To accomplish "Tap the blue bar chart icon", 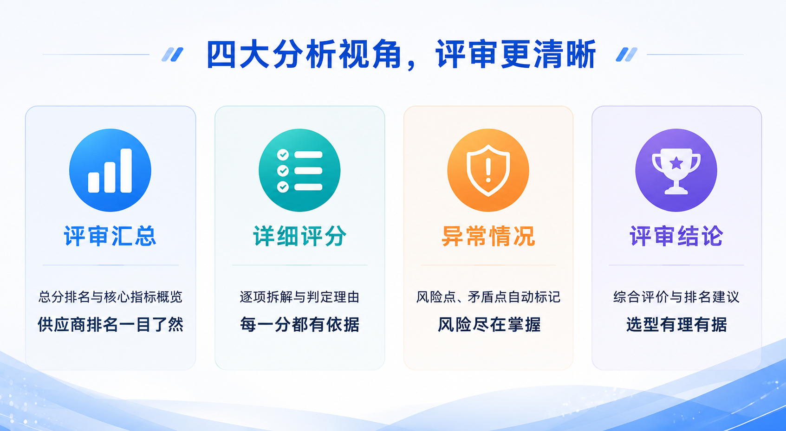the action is [110, 170].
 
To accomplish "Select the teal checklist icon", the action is [299, 170].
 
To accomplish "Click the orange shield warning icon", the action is [488, 170].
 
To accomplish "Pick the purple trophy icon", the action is [676, 170].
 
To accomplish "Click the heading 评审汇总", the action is [110, 236].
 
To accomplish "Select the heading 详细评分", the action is [299, 236].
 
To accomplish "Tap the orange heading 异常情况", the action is [488, 236].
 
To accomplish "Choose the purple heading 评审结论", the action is [676, 236].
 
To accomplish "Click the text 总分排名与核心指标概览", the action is [110, 297].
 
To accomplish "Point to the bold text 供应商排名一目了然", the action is [110, 324].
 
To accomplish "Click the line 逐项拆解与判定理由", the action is [299, 297].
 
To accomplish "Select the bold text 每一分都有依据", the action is [299, 324].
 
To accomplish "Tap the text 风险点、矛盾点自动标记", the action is [488, 297].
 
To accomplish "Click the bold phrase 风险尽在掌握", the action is [489, 324].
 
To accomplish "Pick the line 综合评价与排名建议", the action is [676, 297].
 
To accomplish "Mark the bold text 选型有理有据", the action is [676, 324].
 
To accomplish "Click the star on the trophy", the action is [676, 163].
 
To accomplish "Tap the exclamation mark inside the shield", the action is [488, 170].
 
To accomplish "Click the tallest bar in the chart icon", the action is [126, 170].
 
